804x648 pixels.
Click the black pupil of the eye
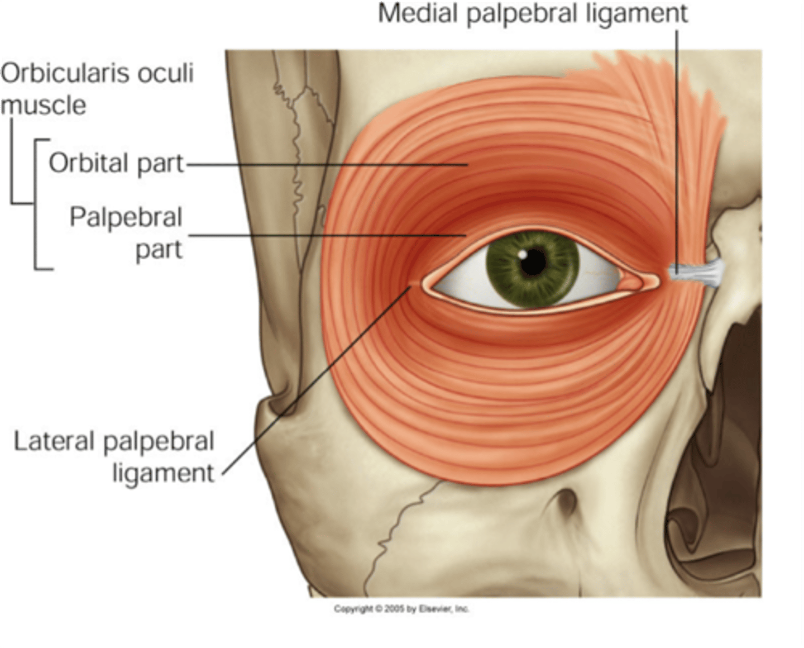pos(533,263)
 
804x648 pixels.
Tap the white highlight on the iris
pos(521,254)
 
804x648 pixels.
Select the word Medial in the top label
pos(418,13)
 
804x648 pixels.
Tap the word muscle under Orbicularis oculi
pos(44,106)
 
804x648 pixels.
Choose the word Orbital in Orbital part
pos(89,163)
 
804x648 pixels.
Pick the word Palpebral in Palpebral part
pos(126,217)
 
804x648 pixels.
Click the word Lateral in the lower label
pos(53,441)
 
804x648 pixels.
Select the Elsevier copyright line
pos(401,608)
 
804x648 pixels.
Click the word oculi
pos(170,73)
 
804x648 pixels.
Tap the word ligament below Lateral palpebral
pos(163,474)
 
